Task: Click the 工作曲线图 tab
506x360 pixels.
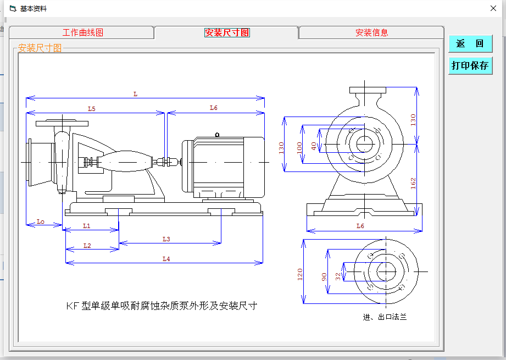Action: point(82,32)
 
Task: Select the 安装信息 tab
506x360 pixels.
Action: point(371,32)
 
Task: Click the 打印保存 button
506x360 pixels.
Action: point(470,65)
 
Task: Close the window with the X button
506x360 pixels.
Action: point(493,8)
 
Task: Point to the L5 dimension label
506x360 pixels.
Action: point(92,109)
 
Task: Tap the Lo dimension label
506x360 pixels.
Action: point(41,221)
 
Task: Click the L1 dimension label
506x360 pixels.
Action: point(87,226)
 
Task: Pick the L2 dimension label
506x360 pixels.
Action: point(87,246)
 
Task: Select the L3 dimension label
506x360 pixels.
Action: point(166,239)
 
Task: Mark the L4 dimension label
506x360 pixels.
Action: point(166,259)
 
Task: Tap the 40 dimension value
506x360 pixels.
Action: point(314,146)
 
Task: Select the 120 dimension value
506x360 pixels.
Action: point(300,274)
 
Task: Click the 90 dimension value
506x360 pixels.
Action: point(324,276)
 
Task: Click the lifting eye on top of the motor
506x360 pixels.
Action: point(218,134)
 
